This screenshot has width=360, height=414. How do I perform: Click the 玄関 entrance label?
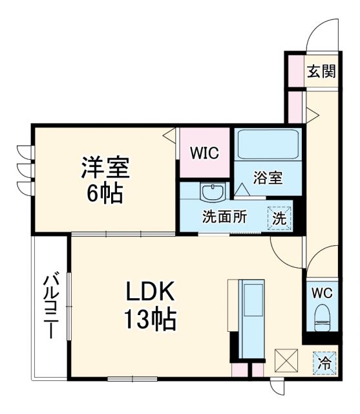pyautogui.click(x=321, y=72)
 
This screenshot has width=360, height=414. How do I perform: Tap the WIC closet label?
pyautogui.click(x=204, y=153)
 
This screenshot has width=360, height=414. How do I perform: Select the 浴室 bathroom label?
pyautogui.click(x=267, y=178)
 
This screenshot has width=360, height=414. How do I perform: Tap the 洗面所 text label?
pyautogui.click(x=224, y=217)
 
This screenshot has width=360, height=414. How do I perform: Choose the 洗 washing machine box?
pyautogui.click(x=279, y=218)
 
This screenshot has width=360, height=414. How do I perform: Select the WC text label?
pyautogui.click(x=322, y=292)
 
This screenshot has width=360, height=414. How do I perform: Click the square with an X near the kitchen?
pyautogui.click(x=286, y=360)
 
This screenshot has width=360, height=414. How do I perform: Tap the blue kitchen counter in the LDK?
pyautogui.click(x=252, y=318)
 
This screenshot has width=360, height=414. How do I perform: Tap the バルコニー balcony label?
pyautogui.click(x=49, y=307)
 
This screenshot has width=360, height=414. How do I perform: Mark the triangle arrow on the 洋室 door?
pyautogui.click(x=169, y=136)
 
